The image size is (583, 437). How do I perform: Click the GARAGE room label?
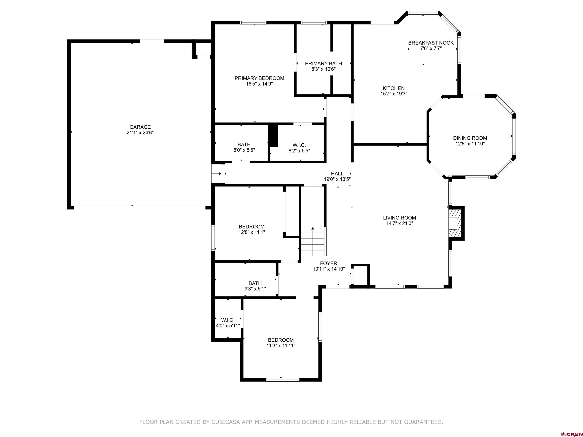(140, 127)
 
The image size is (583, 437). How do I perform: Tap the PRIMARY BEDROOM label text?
(259, 78)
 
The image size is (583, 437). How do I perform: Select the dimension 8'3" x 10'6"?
(323, 69)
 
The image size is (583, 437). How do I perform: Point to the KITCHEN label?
(393, 88)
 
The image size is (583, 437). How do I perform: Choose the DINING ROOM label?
(470, 138)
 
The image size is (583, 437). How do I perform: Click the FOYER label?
(328, 263)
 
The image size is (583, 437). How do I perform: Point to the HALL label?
(337, 174)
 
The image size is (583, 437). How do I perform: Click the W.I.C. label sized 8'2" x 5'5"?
(299, 145)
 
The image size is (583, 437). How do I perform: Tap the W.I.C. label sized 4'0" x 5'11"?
(228, 320)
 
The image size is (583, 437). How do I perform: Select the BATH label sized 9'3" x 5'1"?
(255, 283)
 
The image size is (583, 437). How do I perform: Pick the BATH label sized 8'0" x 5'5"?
(244, 144)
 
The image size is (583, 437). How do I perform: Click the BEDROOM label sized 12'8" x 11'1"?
(251, 226)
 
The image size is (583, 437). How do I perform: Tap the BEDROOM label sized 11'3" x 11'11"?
(281, 340)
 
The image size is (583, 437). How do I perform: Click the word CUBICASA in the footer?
(225, 422)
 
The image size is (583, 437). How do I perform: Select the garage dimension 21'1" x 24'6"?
(140, 133)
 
